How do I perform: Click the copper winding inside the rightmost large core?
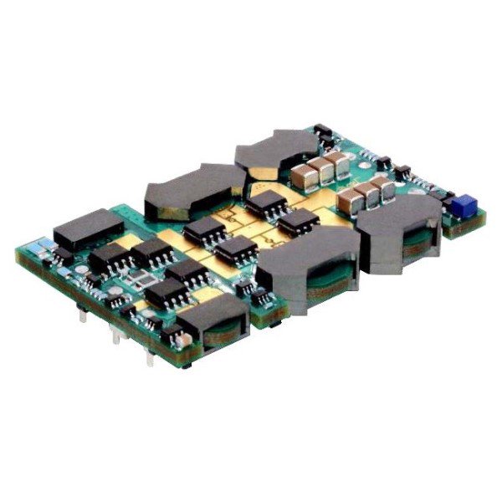click(416, 243)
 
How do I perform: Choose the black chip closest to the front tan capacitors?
click(298, 222)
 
